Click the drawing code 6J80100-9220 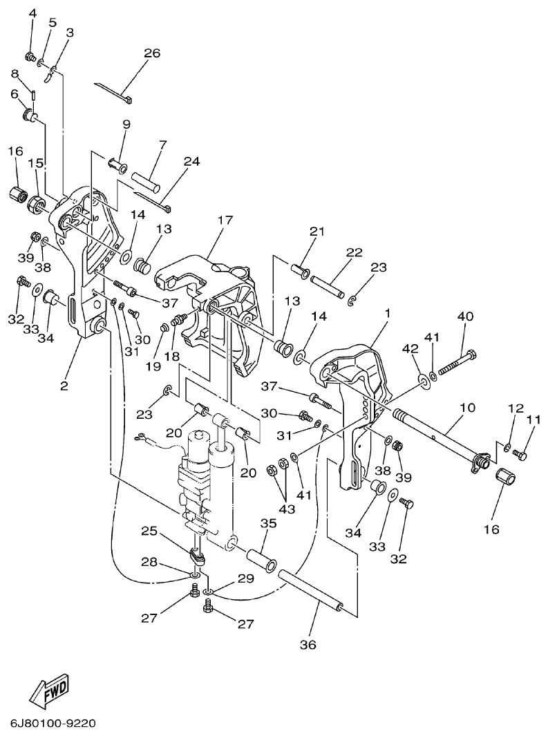click(x=53, y=724)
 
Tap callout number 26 click(x=152, y=53)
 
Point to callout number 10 click(x=467, y=408)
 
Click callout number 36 click(x=308, y=645)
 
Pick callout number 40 click(x=465, y=317)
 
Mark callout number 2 click(x=64, y=386)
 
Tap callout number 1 click(x=388, y=313)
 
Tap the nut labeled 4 click(x=31, y=56)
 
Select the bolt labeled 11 click(x=520, y=456)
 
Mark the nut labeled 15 click(x=37, y=205)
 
